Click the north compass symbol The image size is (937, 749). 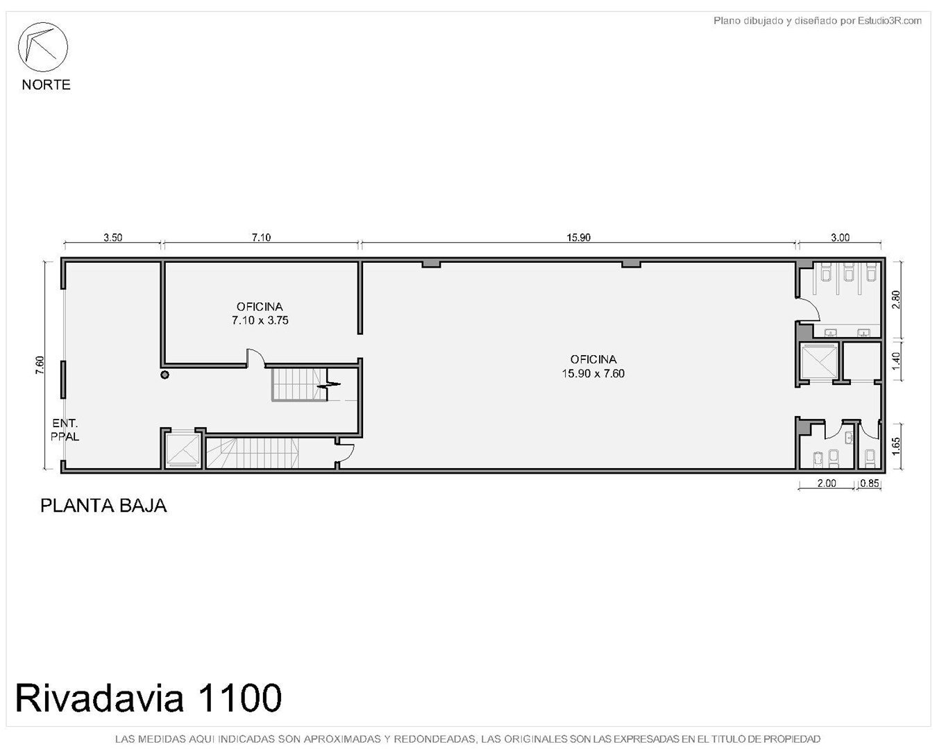(x=42, y=47)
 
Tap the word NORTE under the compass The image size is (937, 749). (x=46, y=85)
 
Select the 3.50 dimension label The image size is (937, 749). (x=112, y=238)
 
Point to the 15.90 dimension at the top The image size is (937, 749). (x=578, y=238)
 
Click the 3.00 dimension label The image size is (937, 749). (x=840, y=238)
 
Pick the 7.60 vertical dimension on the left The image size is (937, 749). (x=40, y=365)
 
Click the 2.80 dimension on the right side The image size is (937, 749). (x=895, y=300)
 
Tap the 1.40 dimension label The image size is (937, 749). (x=895, y=361)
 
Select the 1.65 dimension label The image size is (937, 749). (x=895, y=446)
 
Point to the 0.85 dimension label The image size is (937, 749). (x=870, y=483)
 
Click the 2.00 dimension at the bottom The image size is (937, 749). (x=827, y=483)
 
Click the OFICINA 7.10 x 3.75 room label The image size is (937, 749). (x=260, y=313)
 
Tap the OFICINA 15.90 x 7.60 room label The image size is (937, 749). (x=593, y=366)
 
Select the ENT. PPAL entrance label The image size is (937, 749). (x=65, y=429)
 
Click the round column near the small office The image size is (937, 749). (x=164, y=374)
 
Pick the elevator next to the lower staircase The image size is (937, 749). (x=183, y=449)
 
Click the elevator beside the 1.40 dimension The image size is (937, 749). (x=819, y=361)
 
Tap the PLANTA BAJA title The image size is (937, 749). (x=103, y=506)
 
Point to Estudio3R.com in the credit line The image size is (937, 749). (x=889, y=21)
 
